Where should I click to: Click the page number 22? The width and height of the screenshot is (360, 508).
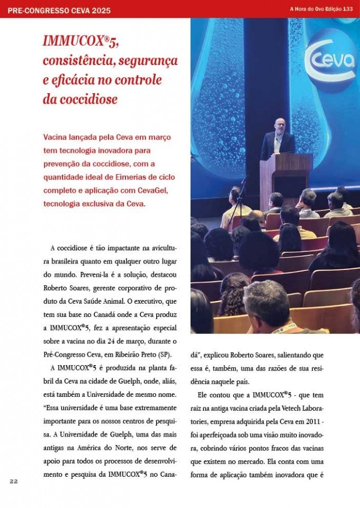click(x=14, y=480)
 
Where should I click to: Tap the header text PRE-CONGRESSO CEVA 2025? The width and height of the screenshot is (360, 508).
click(x=59, y=10)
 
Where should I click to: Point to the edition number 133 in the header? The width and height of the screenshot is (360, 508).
click(x=348, y=9)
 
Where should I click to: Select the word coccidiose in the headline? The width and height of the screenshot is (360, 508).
click(x=87, y=99)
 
